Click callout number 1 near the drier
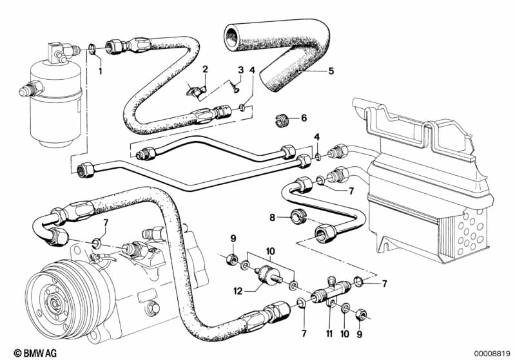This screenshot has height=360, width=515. [100, 70]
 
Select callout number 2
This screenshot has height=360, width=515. [205, 69]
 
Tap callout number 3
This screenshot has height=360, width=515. [240, 70]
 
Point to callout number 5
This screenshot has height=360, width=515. [331, 71]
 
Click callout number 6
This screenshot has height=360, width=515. [305, 118]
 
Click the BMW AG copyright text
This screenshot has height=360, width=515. [25, 352]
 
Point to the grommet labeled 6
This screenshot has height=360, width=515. [280, 118]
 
